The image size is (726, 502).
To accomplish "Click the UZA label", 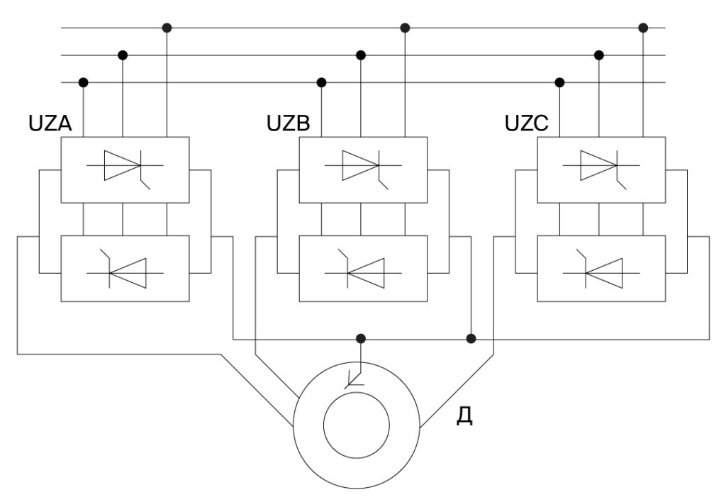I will (x=50, y=123).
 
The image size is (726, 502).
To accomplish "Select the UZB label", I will (x=289, y=123).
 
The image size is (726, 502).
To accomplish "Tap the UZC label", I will (x=527, y=123).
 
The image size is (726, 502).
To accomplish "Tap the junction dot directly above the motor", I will (x=361, y=338).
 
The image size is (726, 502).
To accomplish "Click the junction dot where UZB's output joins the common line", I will (x=471, y=338).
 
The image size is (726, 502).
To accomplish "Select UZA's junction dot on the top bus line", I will (x=167, y=28).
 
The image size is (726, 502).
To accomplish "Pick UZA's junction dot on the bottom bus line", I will (x=83, y=82).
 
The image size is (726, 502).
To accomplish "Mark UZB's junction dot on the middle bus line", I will (x=361, y=55).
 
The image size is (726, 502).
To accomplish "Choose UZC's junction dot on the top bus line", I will (x=644, y=28).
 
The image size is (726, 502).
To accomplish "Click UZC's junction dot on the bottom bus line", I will (x=559, y=82).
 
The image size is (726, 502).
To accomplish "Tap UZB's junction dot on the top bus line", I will (x=406, y=28).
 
